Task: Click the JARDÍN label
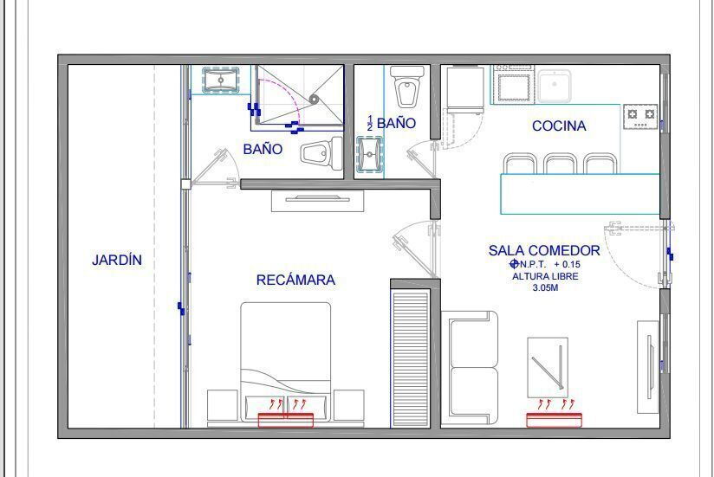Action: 117,260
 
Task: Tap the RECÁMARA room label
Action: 295,280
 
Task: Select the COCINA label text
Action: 559,126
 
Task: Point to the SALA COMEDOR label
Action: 544,250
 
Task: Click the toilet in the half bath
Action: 407,87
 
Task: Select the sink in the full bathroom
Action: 221,81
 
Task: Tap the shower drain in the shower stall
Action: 314,100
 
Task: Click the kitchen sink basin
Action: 555,86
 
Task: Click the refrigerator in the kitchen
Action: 464,89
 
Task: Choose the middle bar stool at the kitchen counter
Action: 561,164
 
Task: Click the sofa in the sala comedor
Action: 470,367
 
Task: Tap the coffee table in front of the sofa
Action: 548,367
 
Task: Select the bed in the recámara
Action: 285,363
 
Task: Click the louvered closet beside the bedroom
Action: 410,358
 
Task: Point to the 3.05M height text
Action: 545,287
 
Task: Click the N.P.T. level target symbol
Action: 515,264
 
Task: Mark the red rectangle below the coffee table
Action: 554,420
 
